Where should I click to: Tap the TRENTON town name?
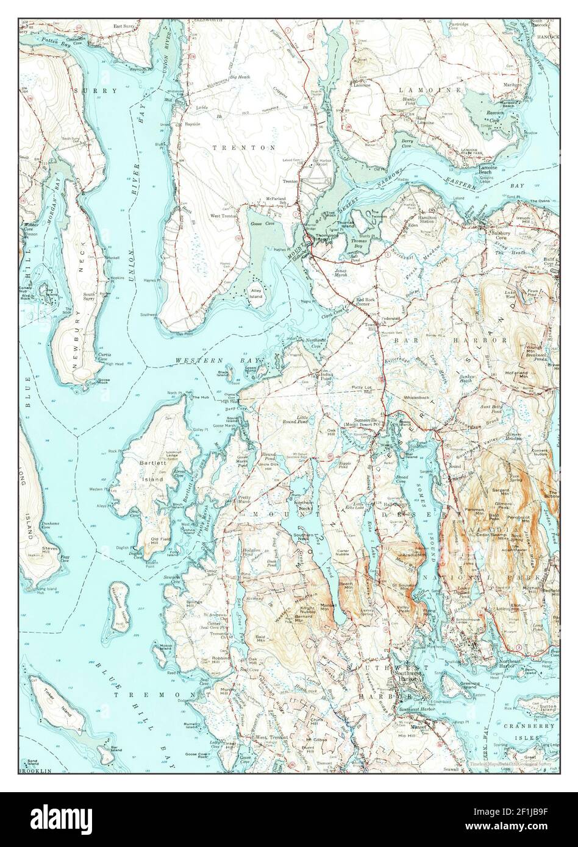point(244,147)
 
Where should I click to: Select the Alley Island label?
point(255,294)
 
